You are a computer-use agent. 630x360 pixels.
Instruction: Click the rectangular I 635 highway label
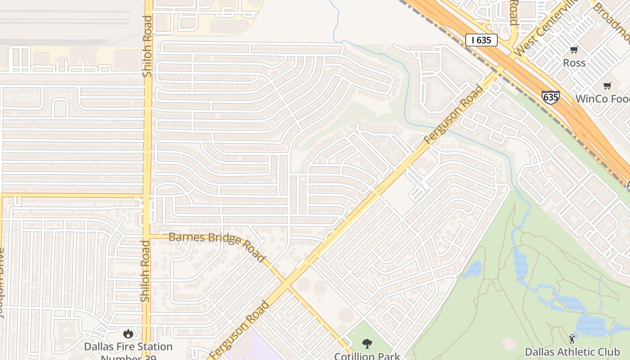pos(481,40)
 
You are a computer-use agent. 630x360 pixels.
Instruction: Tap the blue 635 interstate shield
pos(550,97)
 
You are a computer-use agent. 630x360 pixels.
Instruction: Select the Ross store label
pos(574,63)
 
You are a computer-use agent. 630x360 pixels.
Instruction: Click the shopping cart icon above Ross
pos(574,50)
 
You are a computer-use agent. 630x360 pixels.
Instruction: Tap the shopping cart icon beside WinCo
pos(607,85)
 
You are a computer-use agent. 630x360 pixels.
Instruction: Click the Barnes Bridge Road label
pos(216,245)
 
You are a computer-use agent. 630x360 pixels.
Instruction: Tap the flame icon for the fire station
pos(128,333)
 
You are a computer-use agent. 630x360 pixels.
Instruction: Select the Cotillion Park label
pos(366,356)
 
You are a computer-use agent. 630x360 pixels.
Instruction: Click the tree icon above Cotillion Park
pos(367,344)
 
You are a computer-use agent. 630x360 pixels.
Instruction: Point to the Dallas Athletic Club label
pos(572,352)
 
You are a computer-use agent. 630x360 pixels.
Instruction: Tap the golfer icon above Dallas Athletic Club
pos(572,339)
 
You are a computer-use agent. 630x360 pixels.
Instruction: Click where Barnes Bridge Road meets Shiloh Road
pos(147,235)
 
